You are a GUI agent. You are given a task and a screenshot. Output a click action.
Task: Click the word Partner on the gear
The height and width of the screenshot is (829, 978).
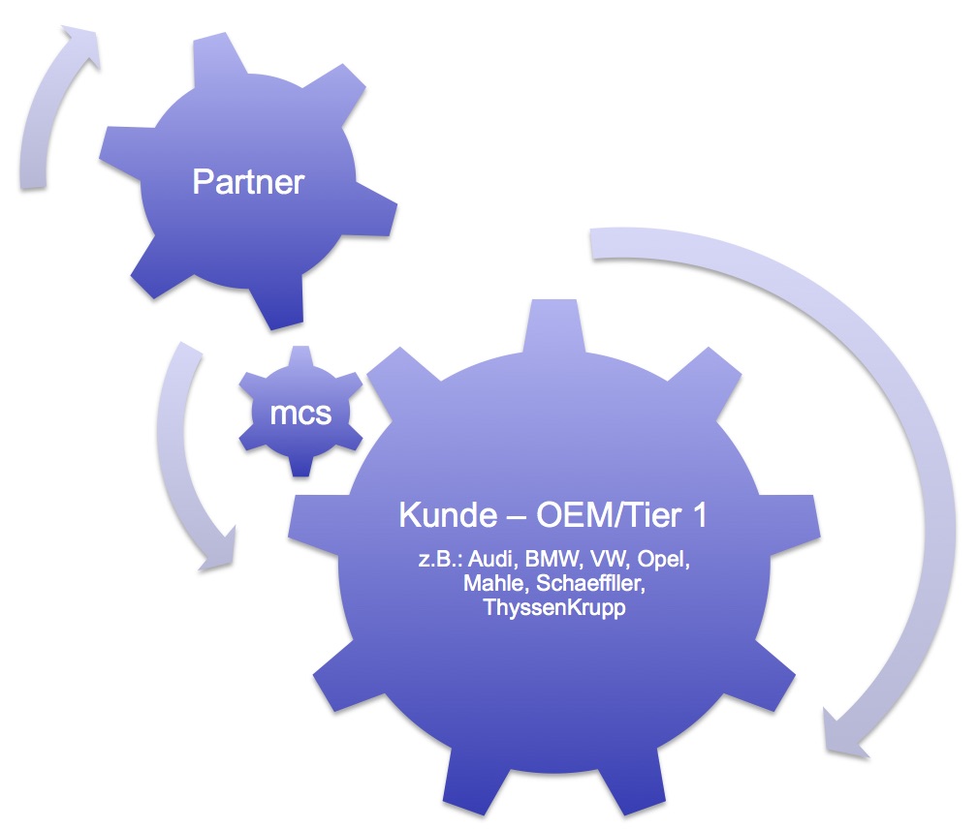coord(248,181)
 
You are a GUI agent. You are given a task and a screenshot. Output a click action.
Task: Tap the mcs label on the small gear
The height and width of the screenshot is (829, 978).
coord(300,414)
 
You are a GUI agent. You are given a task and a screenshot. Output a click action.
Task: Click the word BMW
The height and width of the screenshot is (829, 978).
coord(550,563)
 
